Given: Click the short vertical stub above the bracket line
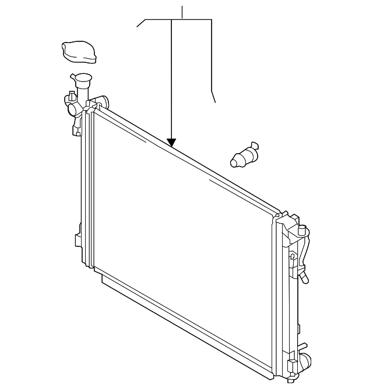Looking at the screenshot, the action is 182,12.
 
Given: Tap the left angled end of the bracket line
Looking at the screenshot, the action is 140,24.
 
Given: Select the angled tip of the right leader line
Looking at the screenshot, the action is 213,97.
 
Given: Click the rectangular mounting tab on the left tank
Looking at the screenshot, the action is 78,240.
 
